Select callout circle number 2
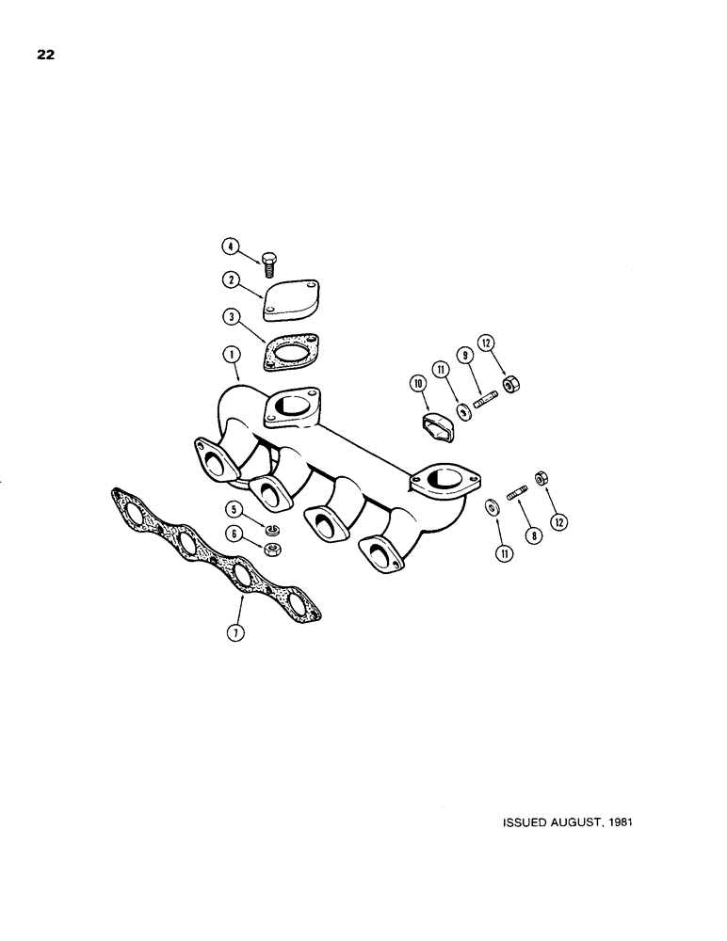pyautogui.click(x=229, y=279)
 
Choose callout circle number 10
pyautogui.click(x=417, y=383)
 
